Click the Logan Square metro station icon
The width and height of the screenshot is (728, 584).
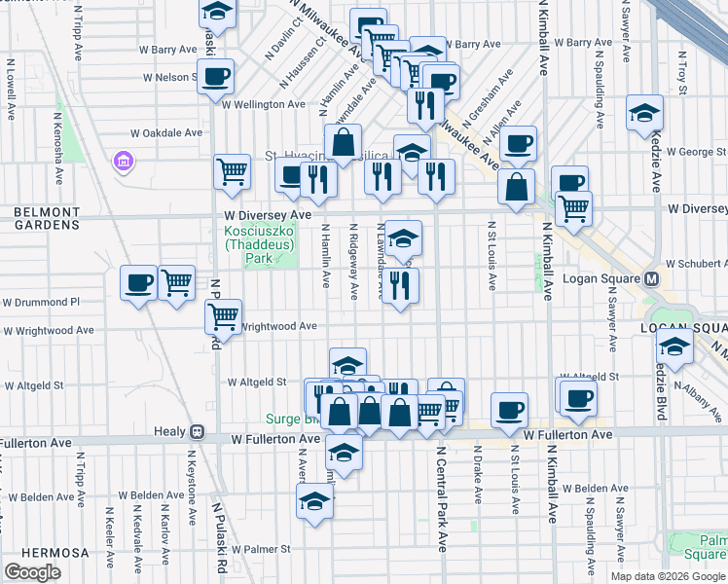pos(653,278)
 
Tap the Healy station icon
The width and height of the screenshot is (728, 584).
pos(197,431)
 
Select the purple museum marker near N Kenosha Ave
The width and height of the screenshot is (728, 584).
pos(124,160)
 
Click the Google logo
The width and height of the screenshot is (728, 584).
pos(32,571)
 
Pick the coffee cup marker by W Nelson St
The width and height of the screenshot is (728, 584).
pos(215,76)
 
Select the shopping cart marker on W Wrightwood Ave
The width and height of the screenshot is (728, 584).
pos(224,316)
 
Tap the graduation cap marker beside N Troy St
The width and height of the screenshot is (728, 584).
pos(644,113)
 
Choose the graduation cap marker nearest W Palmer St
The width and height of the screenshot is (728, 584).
pos(314,501)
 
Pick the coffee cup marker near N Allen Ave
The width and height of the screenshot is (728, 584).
pos(518,144)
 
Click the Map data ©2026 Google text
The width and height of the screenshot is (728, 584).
pos(668,576)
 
